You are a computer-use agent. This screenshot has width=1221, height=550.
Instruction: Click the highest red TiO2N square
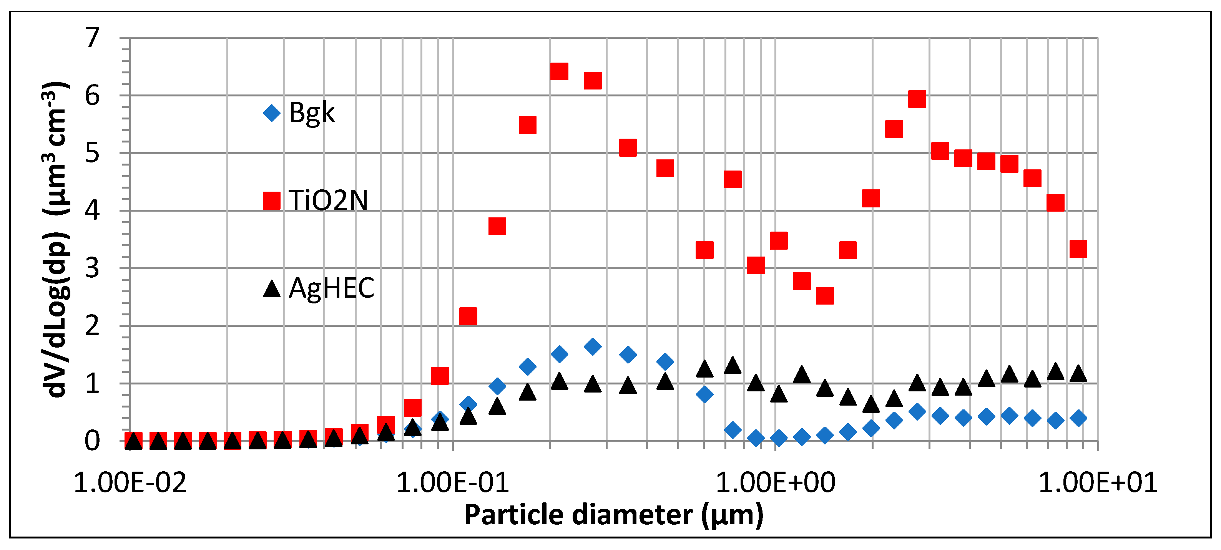(559, 71)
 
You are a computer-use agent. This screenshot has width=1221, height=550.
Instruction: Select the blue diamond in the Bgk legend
(272, 113)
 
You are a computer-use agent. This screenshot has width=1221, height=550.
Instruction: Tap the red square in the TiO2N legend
(272, 200)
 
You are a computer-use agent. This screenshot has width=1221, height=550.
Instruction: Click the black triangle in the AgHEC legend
(272, 288)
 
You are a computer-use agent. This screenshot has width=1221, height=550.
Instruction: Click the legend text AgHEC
(331, 288)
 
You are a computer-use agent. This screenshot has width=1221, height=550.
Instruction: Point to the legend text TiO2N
(328, 200)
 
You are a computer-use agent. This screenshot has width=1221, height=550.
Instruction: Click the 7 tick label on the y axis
(92, 38)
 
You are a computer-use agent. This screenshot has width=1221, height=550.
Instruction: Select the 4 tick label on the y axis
(92, 210)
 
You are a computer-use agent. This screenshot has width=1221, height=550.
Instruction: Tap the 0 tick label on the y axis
(92, 441)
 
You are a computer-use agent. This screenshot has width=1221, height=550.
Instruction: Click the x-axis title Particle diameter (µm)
(614, 515)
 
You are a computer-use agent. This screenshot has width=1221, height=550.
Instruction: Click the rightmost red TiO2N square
(1078, 249)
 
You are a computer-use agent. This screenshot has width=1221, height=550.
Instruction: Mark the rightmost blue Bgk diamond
(1078, 418)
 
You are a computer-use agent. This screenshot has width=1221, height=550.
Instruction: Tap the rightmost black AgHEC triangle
(1078, 374)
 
